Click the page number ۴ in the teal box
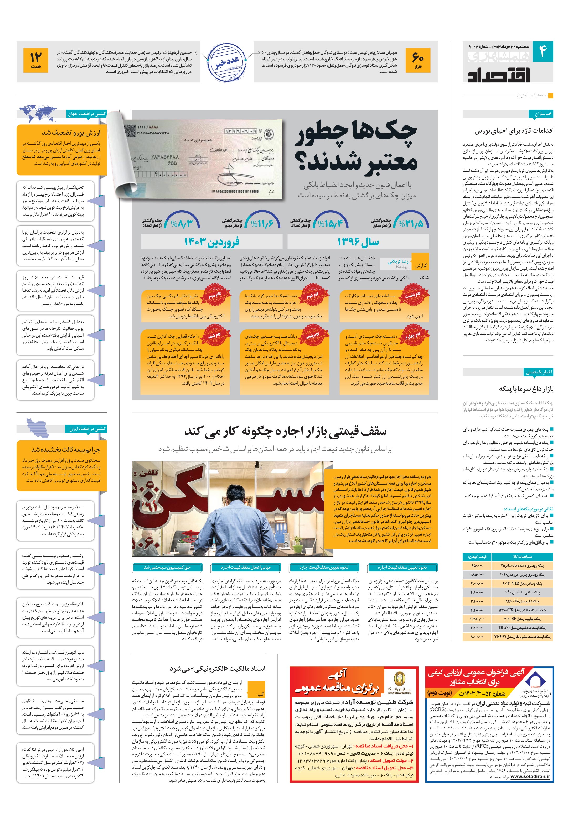click(x=542, y=51)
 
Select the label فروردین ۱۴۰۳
click(x=211, y=242)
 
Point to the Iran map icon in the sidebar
click(x=38, y=428)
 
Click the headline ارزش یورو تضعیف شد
click(x=71, y=133)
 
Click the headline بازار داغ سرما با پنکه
click(x=526, y=389)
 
